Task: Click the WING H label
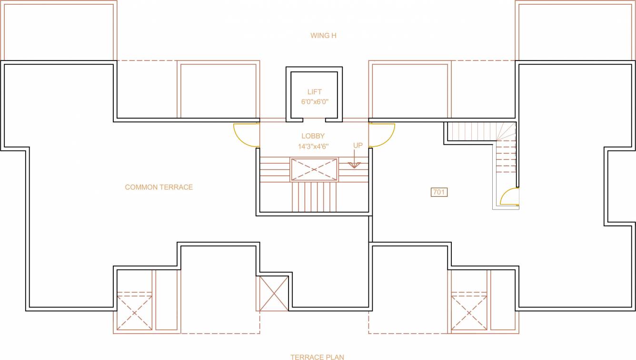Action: (x=323, y=36)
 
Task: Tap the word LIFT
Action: (x=314, y=92)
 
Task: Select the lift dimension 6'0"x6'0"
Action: (x=314, y=101)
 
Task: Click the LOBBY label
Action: (x=313, y=136)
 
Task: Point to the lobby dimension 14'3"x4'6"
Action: (x=313, y=147)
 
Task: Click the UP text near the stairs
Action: (x=358, y=145)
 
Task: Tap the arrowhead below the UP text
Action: (x=354, y=165)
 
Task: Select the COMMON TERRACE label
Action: (x=159, y=187)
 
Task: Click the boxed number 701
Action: (x=439, y=192)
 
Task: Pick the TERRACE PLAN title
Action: (x=317, y=357)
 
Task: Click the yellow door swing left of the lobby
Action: (x=246, y=135)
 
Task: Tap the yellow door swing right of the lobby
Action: (x=382, y=135)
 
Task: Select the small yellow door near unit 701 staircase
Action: (x=509, y=197)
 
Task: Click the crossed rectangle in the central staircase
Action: (x=314, y=170)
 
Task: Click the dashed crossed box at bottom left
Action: (x=135, y=312)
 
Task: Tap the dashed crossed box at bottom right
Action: (x=469, y=312)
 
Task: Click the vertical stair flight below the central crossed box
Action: (x=314, y=196)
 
